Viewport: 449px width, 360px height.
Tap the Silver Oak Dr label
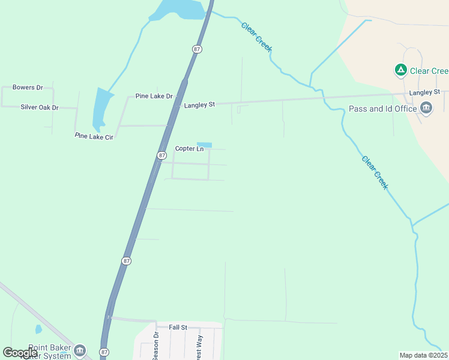[x=40, y=107]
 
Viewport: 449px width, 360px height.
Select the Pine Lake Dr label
[x=154, y=96]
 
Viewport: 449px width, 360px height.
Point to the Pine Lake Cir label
[x=94, y=136]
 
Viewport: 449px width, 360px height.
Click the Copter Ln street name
[x=190, y=149]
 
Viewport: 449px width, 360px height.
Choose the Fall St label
[x=178, y=327]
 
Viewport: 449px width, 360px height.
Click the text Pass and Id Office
[x=382, y=109]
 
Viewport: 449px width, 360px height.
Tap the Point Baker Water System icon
[x=80, y=350]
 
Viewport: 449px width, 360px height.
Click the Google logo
[x=20, y=353]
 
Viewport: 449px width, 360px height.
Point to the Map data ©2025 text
[x=423, y=355]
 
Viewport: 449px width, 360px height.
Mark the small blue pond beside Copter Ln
[x=204, y=145]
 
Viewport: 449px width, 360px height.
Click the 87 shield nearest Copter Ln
[x=161, y=155]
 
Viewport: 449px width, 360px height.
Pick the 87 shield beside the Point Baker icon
[x=104, y=352]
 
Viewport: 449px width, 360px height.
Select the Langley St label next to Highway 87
[x=199, y=105]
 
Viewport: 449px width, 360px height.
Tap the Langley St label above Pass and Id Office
[x=424, y=92]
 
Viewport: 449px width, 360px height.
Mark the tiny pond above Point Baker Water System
[x=38, y=329]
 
